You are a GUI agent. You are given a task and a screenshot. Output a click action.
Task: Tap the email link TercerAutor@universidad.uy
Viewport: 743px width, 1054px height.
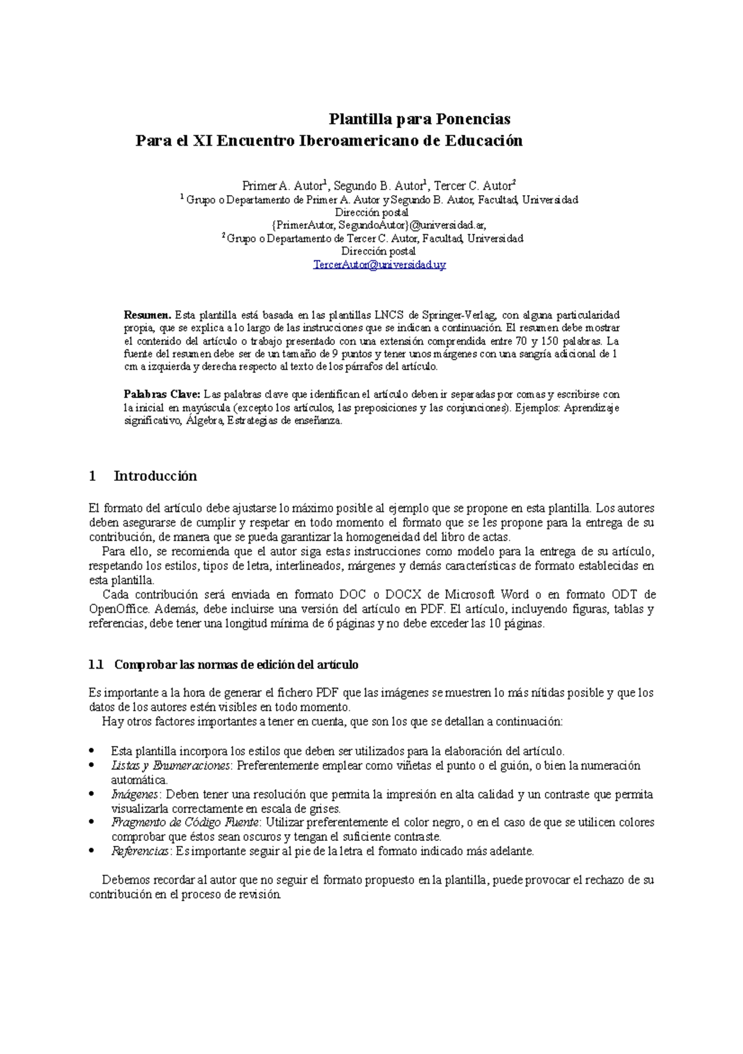tap(380, 265)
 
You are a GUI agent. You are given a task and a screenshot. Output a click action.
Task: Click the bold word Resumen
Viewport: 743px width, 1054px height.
tap(147, 315)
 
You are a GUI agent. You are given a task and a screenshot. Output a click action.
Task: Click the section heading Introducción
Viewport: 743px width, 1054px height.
tap(155, 476)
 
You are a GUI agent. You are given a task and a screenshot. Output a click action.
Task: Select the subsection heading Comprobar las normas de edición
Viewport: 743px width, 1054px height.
tap(236, 665)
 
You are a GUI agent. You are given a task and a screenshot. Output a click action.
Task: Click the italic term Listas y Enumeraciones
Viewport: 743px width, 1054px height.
tap(170, 766)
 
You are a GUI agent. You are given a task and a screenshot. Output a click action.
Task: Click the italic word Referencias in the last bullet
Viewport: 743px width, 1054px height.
tap(141, 851)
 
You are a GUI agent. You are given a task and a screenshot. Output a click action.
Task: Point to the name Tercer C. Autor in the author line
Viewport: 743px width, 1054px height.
tap(474, 186)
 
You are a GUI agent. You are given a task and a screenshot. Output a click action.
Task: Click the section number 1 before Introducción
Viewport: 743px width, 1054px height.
tap(92, 476)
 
